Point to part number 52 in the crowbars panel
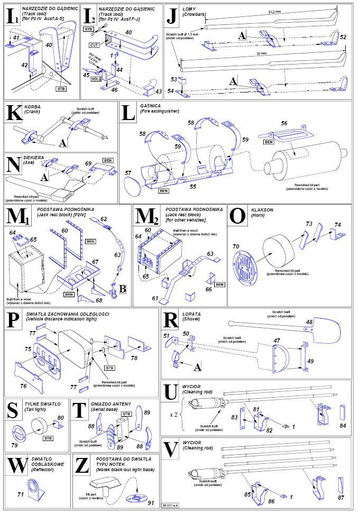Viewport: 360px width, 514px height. (x=343, y=38)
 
